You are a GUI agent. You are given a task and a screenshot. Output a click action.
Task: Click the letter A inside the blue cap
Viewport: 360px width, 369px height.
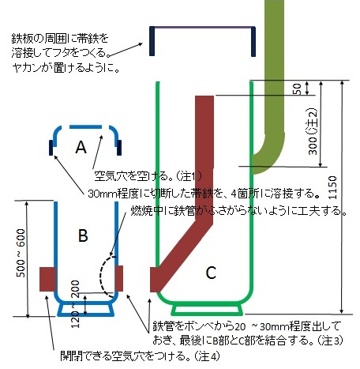tap(81, 147)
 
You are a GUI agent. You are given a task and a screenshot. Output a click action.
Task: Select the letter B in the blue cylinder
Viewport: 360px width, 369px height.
tap(83, 235)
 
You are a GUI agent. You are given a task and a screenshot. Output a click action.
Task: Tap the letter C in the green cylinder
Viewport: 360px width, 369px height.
tap(211, 273)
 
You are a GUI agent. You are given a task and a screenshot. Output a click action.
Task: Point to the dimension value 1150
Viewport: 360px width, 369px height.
tap(332, 187)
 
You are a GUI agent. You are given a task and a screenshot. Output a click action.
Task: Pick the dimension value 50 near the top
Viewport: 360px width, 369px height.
tap(297, 89)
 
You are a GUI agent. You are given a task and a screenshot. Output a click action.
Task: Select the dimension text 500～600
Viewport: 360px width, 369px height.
tap(21, 253)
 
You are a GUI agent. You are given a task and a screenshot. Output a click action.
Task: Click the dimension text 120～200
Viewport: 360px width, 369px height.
tap(75, 304)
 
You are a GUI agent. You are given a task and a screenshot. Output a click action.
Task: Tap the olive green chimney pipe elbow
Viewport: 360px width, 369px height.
tap(270, 152)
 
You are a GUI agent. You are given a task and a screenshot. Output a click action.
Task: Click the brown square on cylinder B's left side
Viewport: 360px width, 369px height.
tap(47, 279)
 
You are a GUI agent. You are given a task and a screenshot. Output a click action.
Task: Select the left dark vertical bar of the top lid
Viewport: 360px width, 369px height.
tap(152, 41)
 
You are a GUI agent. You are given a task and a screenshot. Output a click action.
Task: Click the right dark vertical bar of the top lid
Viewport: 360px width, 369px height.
tap(253, 41)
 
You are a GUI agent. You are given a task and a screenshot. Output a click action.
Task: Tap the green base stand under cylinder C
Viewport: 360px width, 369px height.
tap(207, 310)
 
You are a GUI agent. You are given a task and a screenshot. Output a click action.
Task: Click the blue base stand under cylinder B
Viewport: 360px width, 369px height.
tap(86, 310)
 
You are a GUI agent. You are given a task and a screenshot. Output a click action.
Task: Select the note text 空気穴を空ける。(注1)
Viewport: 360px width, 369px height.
tap(148, 176)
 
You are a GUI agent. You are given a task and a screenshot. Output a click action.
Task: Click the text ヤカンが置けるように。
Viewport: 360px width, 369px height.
tap(66, 68)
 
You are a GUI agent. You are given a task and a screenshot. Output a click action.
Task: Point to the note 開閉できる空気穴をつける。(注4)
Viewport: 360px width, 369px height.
tap(140, 356)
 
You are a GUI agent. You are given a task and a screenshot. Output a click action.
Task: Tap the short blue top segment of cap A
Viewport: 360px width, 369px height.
tap(85, 126)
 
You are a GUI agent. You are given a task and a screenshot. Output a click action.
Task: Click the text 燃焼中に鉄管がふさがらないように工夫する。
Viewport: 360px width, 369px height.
tap(239, 211)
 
